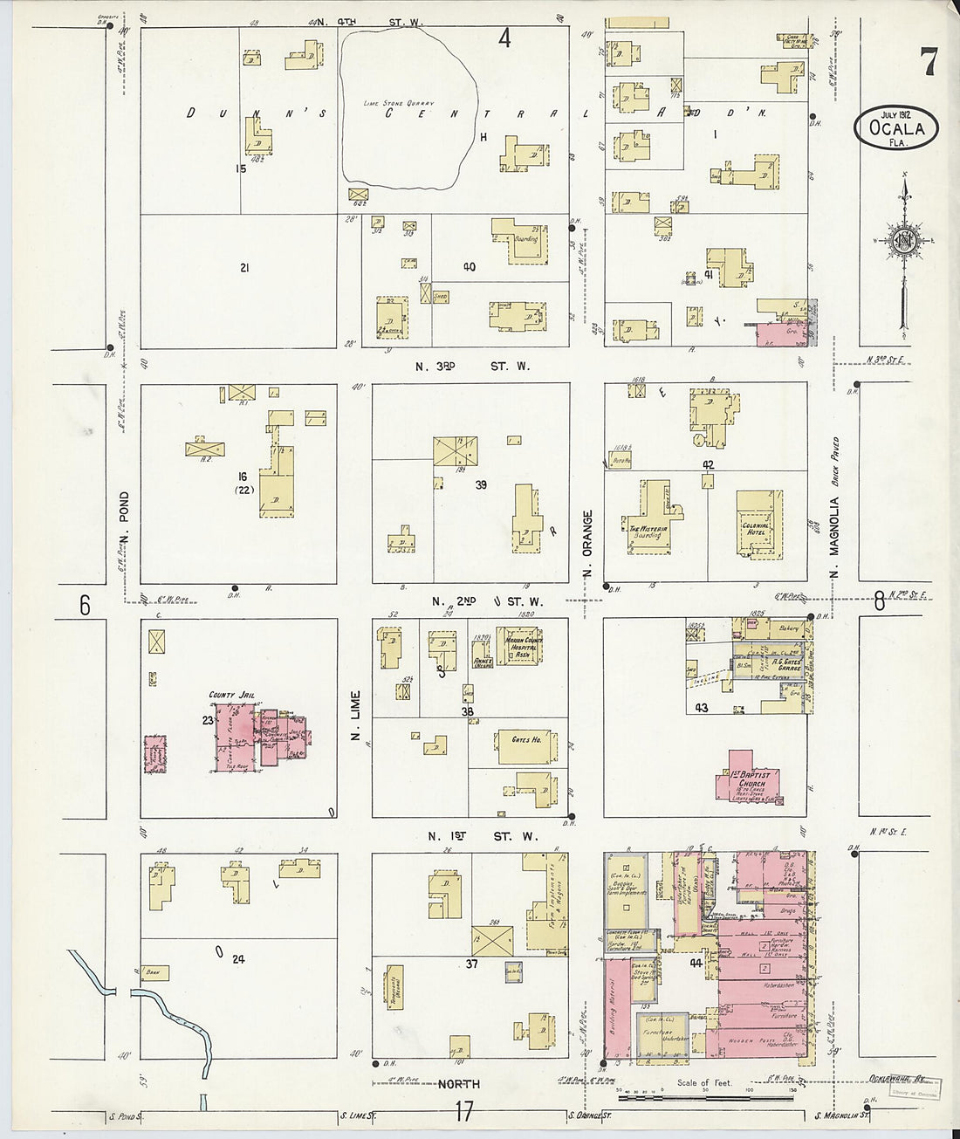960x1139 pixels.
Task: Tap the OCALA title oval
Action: tap(896, 128)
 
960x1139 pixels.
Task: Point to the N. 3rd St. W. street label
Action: tap(472, 367)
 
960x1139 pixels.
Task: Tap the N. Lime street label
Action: tap(356, 723)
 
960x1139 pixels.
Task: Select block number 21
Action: tap(244, 267)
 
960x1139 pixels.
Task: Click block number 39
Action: tap(480, 484)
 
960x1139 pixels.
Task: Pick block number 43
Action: tap(701, 708)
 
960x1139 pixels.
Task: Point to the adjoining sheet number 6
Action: tap(86, 604)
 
